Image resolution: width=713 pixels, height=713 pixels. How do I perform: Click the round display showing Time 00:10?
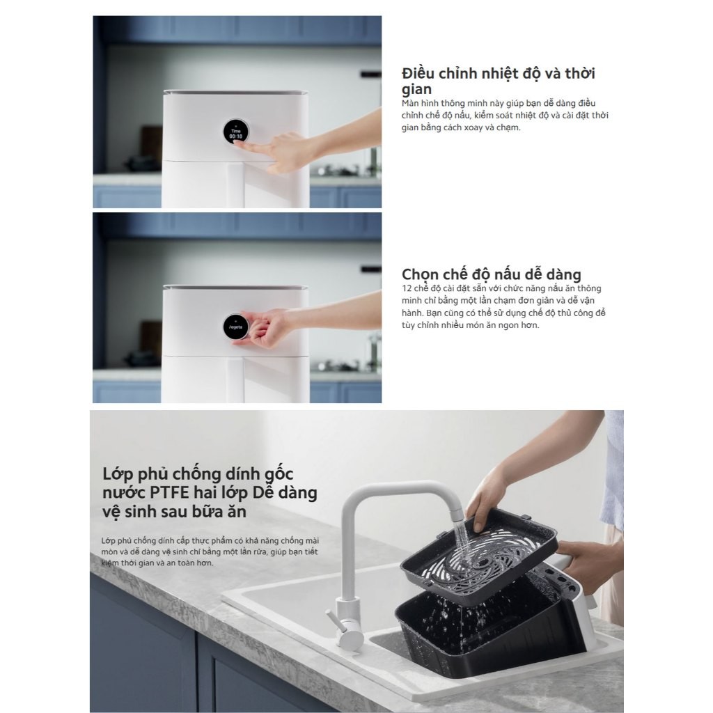(235, 132)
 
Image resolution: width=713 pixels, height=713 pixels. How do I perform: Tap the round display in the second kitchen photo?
(235, 327)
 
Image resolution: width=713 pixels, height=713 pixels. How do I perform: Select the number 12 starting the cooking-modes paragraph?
(407, 288)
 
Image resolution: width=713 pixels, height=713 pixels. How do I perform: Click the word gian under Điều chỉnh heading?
(416, 89)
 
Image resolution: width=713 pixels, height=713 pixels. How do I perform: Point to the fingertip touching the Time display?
(237, 143)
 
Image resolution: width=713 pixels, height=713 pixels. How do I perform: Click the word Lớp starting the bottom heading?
(117, 474)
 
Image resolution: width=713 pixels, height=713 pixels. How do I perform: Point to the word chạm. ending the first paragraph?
(508, 127)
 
